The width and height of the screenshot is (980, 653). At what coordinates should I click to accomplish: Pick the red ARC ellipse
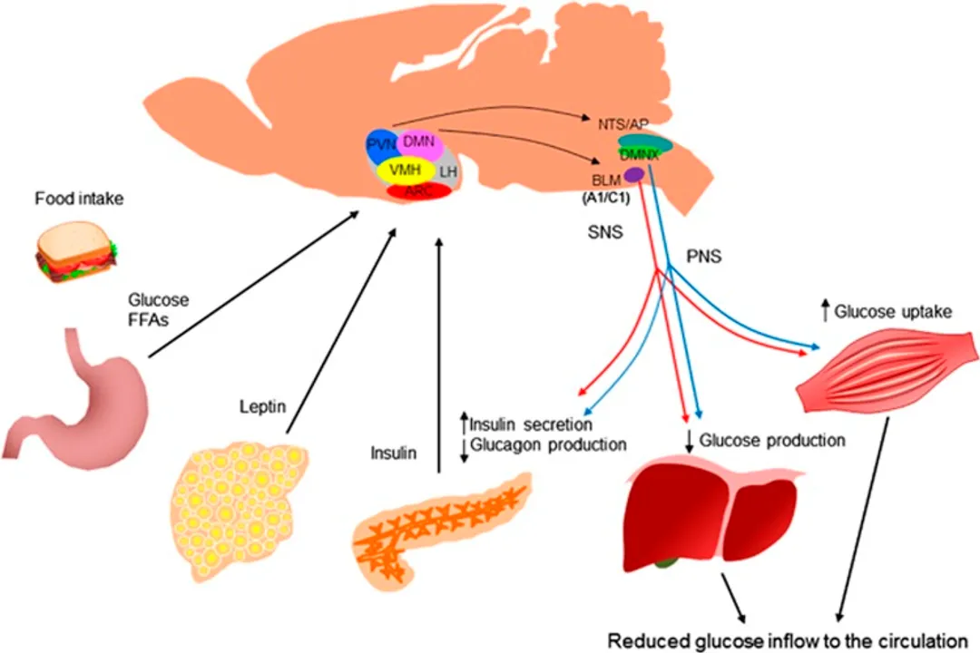tap(418, 190)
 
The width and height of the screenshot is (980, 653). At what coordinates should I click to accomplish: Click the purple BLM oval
tap(633, 174)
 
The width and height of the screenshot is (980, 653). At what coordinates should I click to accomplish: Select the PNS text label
tap(703, 258)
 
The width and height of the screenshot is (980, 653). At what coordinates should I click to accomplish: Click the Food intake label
tap(79, 198)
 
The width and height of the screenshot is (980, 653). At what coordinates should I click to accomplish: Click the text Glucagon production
tap(548, 444)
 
